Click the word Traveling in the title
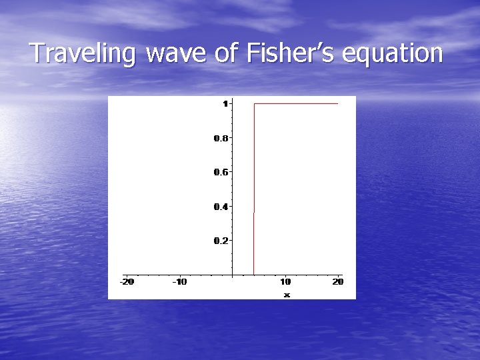tap(83, 53)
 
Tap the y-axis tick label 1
tap(225, 103)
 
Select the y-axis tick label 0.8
tap(221, 138)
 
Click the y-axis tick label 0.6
tap(221, 172)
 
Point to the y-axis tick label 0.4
tap(221, 206)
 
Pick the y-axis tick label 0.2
tap(221, 240)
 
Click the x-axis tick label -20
tap(127, 282)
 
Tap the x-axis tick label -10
tap(179, 282)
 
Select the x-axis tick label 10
tap(285, 282)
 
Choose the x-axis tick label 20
tap(338, 282)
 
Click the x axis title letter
tap(287, 294)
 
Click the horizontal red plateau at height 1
tap(297, 104)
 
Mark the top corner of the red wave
tap(254, 104)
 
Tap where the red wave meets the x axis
tap(254, 274)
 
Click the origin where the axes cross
tap(232, 274)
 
